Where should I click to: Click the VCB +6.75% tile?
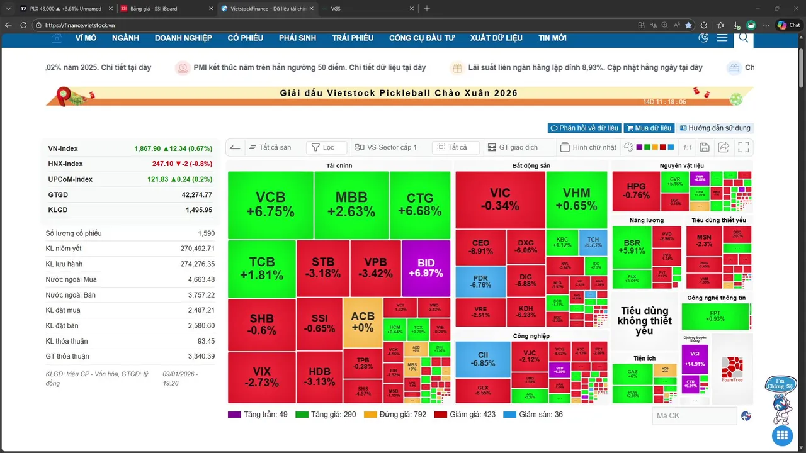[x=270, y=204]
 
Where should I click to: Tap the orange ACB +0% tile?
[x=362, y=322]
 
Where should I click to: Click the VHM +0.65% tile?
[x=576, y=199]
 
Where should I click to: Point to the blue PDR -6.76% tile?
[x=480, y=282]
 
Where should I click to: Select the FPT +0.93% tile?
[x=715, y=316]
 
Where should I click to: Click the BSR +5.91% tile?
[x=632, y=247]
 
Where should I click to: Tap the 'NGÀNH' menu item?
[x=125, y=38]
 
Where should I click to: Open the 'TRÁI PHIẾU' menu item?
[x=353, y=38]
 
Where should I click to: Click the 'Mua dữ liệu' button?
[x=649, y=128]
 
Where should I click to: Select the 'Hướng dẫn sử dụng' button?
[x=715, y=128]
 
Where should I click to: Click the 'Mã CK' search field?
[x=694, y=416]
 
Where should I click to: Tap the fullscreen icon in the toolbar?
[x=744, y=147]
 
